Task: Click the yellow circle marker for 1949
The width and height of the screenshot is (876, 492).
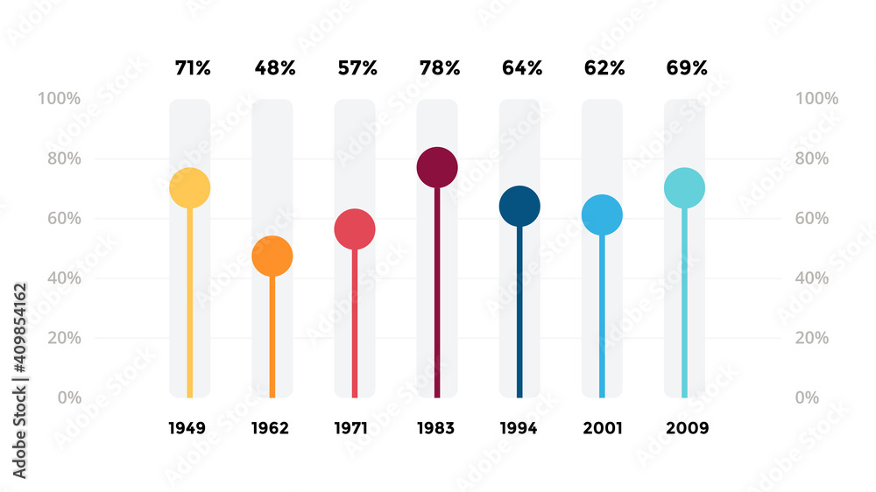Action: coord(189,188)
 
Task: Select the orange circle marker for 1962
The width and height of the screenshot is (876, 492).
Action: coord(272,257)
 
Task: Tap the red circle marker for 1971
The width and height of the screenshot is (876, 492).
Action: coord(355,229)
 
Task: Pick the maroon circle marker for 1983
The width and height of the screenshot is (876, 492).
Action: coord(437,167)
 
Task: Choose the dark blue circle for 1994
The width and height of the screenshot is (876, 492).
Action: coord(519,207)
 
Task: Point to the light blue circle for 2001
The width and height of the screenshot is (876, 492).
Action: coord(602,215)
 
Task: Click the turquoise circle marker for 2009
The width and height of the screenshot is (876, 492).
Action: coord(684,188)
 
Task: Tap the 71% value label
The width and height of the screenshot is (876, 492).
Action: coord(191,68)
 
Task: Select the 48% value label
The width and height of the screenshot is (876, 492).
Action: coord(274,68)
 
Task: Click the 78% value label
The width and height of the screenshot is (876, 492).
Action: coord(439,68)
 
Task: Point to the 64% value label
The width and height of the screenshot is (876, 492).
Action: coord(521,68)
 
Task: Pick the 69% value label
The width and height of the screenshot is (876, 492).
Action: coord(686,68)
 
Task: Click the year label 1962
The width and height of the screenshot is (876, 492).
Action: coord(270,428)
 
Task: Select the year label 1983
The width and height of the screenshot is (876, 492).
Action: coord(435,428)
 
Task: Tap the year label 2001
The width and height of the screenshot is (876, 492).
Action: coord(602,428)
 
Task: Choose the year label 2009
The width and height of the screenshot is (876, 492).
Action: coord(686,428)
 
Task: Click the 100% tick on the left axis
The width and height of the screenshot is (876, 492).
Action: coord(59,99)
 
